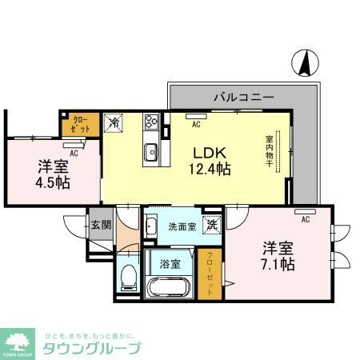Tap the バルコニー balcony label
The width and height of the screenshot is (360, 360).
(x=243, y=97)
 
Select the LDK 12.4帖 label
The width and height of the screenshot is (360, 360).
(x=210, y=160)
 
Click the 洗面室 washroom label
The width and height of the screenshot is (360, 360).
(x=180, y=226)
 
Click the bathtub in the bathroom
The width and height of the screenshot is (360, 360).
(x=167, y=286)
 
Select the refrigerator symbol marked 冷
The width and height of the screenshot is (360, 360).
(x=114, y=123)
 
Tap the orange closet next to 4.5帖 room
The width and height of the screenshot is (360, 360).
(x=79, y=124)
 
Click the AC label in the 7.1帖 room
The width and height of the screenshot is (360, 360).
(x=305, y=217)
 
